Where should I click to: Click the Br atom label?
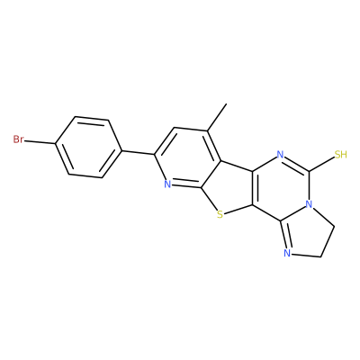(18, 139)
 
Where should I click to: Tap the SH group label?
(341, 155)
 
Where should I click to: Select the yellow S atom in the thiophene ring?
(220, 214)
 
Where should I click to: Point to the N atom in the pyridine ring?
(167, 184)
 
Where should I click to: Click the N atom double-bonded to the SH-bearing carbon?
(280, 155)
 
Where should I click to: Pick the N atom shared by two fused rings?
(309, 204)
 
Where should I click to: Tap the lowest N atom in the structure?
(287, 254)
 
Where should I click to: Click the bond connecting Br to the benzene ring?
(40, 142)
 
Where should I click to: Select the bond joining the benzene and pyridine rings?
(138, 152)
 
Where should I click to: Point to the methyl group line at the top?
(217, 117)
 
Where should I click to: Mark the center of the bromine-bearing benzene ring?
(89, 147)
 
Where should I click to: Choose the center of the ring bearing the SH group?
(281, 188)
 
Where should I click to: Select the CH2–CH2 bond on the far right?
(328, 241)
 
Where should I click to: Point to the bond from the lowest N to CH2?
(306, 256)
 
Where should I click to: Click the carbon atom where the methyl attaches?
(207, 131)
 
